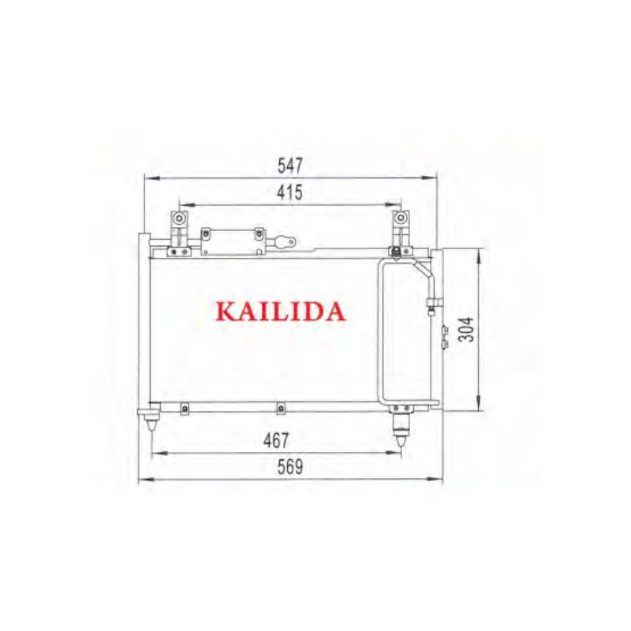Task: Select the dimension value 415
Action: point(290,192)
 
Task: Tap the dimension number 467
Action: point(277,440)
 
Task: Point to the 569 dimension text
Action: point(290,466)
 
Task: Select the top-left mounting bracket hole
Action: point(181,218)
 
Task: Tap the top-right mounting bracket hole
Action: point(398,218)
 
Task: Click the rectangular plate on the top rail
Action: point(231,241)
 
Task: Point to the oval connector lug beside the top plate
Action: point(285,241)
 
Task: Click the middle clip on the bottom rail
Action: point(280,408)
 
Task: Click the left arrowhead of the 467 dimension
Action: point(155,453)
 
